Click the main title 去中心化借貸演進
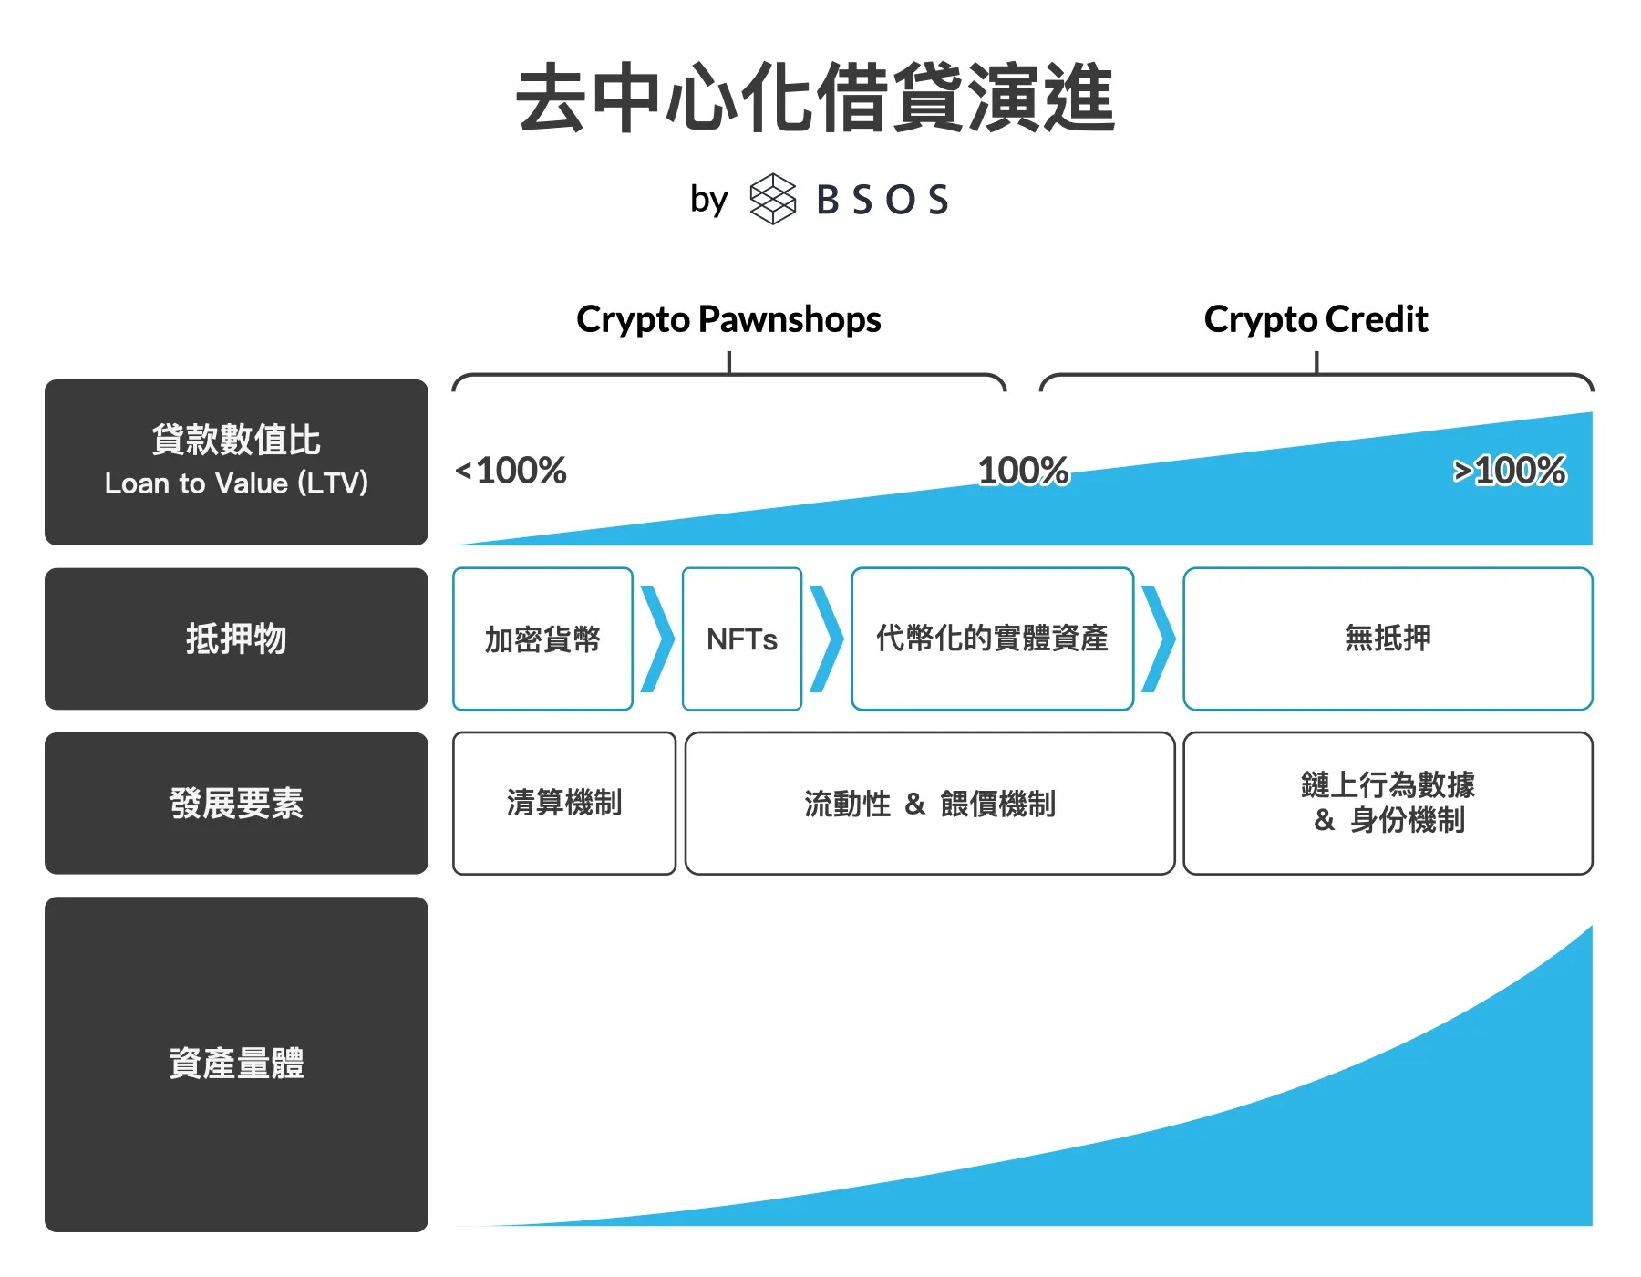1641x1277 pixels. point(815,99)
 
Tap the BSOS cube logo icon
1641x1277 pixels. point(772,199)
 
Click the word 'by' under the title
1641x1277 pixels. point(708,200)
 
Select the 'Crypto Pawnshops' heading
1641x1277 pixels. point(728,319)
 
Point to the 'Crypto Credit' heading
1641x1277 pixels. point(1316,319)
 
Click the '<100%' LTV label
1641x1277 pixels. point(511,471)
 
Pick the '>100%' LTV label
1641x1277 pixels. point(1510,471)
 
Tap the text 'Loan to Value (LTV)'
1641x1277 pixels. point(236,483)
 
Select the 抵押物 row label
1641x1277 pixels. point(236,638)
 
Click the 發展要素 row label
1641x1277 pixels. point(236,804)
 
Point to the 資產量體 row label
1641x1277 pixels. point(236,1064)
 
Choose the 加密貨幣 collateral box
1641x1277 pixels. point(542,638)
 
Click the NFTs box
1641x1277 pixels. point(742,638)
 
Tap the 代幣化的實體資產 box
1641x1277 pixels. point(992,638)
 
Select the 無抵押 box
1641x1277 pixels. point(1388,638)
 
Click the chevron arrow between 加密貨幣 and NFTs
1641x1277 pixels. point(658,638)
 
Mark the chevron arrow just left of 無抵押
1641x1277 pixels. point(1159,638)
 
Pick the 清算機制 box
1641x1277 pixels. point(564,804)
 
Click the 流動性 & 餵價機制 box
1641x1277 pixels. point(930,804)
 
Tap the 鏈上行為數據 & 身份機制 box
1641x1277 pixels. point(1388,804)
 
